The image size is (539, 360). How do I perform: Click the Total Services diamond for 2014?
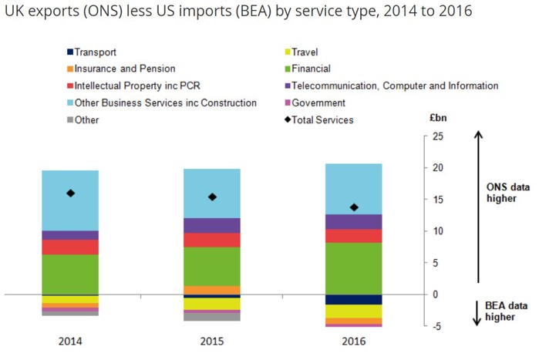pos(70,193)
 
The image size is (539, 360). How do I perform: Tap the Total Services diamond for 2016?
pos(354,207)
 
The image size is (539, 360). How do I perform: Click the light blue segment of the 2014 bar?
pos(70,200)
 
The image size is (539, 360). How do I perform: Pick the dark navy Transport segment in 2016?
pos(354,299)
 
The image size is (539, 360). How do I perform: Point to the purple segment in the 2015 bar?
pos(212,225)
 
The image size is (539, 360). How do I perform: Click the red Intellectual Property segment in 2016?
pos(354,236)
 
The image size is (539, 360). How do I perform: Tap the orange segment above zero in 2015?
pos(212,290)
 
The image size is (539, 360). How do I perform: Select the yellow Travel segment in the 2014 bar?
pos(70,299)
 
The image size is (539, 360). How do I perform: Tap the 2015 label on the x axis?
pos(212,341)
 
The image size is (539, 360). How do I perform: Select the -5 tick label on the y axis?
pos(436,326)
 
